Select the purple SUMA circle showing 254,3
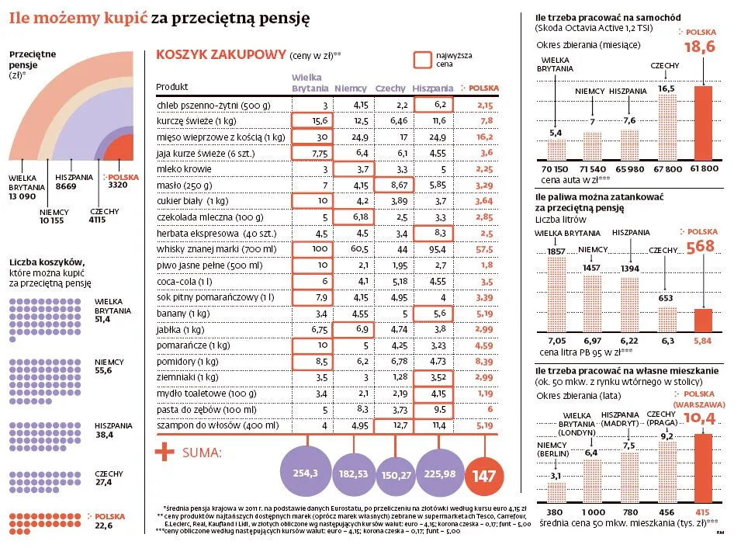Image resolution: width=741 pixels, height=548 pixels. pyautogui.click(x=305, y=472)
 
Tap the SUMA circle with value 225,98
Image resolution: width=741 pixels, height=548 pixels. pyautogui.click(x=439, y=472)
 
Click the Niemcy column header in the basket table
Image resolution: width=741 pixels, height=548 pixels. pyautogui.click(x=351, y=88)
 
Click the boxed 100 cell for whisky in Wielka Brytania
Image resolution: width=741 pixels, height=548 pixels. pyautogui.click(x=312, y=249)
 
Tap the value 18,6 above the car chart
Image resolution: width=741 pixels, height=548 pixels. pyautogui.click(x=699, y=49)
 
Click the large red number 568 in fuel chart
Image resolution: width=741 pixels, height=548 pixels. pyautogui.click(x=699, y=246)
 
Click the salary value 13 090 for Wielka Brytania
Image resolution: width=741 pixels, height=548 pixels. pyautogui.click(x=23, y=197)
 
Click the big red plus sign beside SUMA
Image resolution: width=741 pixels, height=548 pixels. pyautogui.click(x=164, y=453)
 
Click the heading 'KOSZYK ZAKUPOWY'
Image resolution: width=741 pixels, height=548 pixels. pyautogui.click(x=220, y=55)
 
